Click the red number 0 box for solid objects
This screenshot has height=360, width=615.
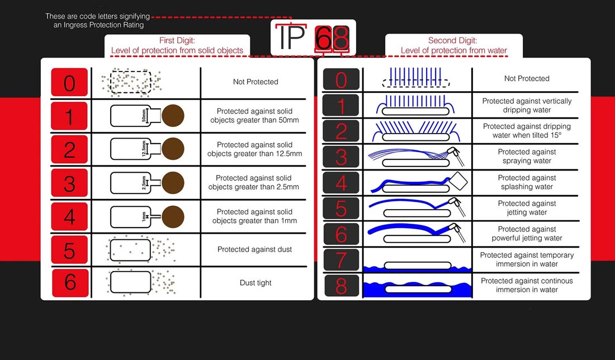tap(69, 82)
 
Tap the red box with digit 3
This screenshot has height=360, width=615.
tap(69, 183)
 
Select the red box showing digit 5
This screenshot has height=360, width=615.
tap(69, 250)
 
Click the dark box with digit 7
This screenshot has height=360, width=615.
tap(341, 259)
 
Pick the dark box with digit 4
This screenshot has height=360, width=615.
tap(341, 183)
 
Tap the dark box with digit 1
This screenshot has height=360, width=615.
tap(341, 105)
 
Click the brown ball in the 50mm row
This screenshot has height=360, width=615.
tap(173, 116)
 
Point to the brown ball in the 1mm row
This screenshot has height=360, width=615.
tap(173, 217)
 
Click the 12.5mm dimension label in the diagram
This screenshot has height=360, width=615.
tap(144, 149)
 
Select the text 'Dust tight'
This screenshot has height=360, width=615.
tap(256, 283)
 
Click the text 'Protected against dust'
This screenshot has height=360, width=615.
tap(254, 249)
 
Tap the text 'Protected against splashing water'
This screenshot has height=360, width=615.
tap(527, 182)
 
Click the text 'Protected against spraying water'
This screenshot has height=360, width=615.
tap(527, 156)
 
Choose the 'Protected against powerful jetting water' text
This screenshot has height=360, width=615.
tap(527, 234)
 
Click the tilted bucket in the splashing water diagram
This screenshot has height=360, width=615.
tap(458, 181)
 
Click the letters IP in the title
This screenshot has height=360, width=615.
tap(292, 37)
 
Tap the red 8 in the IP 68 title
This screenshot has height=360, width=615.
tap(341, 38)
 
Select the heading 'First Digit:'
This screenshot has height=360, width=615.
tap(177, 40)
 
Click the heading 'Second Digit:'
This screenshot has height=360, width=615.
tap(453, 40)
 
